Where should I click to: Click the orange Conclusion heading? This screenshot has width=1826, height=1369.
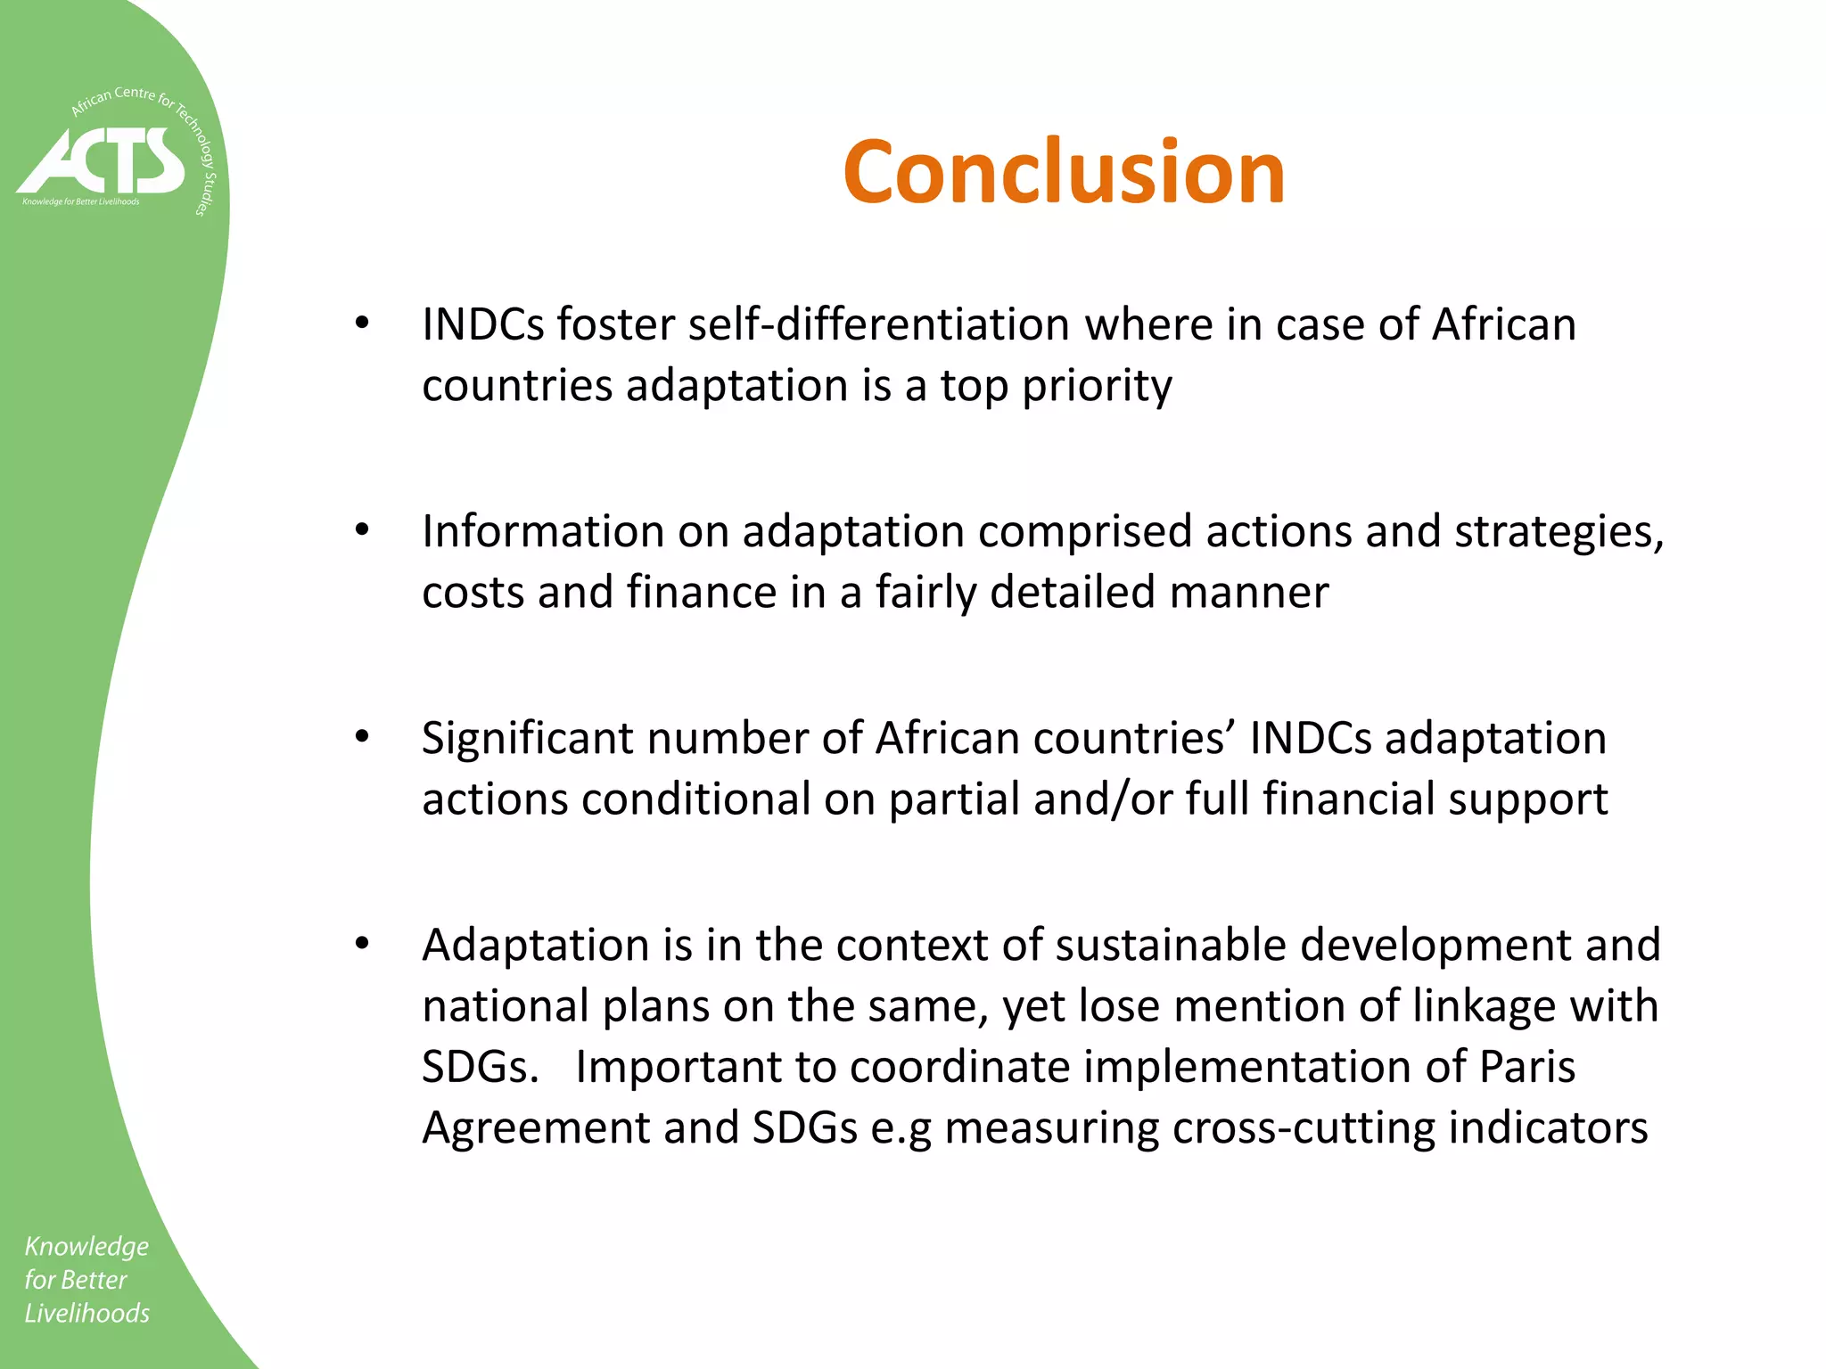pos(1064,172)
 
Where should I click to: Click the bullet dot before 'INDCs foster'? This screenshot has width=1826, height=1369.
pos(361,324)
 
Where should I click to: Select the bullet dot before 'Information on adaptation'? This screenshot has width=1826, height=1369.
pos(361,530)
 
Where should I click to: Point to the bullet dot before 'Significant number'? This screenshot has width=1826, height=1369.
pos(361,737)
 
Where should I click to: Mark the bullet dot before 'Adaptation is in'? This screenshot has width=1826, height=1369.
pos(361,944)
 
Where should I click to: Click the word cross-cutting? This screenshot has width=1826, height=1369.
pos(1303,1127)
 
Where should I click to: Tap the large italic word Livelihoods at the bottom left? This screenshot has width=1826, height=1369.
pos(87,1313)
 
